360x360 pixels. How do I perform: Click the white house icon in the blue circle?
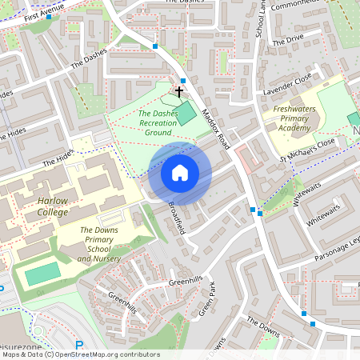[180, 172]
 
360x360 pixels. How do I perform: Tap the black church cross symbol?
[179, 92]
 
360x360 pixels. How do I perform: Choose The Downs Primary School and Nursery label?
[100, 245]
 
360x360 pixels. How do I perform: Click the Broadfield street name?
[178, 216]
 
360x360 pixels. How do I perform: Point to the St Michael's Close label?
[306, 150]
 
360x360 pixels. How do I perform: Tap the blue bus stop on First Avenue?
[50, 16]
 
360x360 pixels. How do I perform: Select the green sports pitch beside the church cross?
[186, 113]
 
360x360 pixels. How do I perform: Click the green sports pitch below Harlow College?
[42, 274]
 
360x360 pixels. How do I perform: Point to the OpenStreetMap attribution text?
[81, 354]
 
